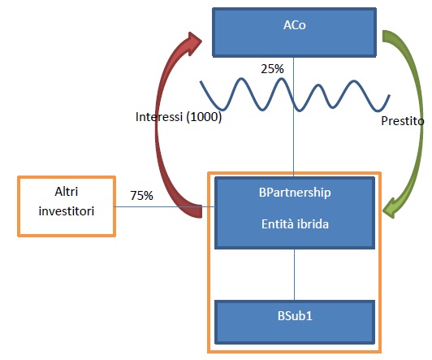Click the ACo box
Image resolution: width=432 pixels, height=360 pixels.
coord(294,33)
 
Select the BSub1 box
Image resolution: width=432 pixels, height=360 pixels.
coord(295,322)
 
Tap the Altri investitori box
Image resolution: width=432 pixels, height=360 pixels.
coord(67,206)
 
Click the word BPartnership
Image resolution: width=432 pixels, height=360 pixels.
coord(295,193)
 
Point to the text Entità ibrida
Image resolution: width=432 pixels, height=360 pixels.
coord(295,223)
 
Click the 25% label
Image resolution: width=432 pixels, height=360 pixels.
coord(272,69)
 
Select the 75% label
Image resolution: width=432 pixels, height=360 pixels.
coord(141,195)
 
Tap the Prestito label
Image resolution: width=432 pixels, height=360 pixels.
coord(403,121)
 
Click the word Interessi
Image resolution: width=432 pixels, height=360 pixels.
coord(159,117)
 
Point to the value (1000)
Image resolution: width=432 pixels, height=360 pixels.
coord(204,117)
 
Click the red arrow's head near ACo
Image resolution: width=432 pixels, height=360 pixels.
coord(195,42)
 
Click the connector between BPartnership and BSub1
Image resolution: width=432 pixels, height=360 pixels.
coord(295,275)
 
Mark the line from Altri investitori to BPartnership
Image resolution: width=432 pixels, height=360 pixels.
coord(165,206)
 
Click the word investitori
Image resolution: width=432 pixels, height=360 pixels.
coord(67,211)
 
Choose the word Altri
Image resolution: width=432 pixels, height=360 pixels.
coord(67,191)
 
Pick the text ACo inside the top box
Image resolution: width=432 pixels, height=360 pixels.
coord(295,25)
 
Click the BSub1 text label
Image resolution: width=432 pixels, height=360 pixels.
coord(295,316)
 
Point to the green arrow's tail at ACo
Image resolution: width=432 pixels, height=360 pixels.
coord(386,36)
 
